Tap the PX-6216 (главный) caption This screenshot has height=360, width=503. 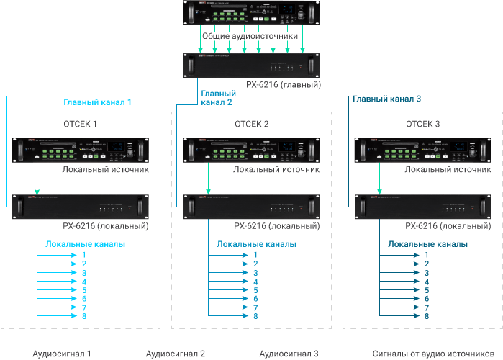click(x=283, y=85)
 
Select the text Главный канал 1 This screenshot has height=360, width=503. click(x=97, y=102)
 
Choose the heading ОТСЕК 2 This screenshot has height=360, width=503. click(x=251, y=125)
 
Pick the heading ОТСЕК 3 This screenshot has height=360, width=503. click(x=423, y=125)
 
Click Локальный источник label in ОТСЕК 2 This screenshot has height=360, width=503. click(x=276, y=170)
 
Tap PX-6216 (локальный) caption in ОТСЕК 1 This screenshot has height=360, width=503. click(x=105, y=226)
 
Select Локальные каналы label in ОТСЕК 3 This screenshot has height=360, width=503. click(x=427, y=244)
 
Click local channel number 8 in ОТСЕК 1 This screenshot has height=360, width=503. click(x=84, y=316)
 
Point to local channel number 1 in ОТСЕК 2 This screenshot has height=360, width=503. click(x=255, y=255)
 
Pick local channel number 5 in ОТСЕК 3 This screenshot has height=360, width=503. click(x=427, y=290)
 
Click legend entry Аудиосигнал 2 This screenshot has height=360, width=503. click(x=176, y=354)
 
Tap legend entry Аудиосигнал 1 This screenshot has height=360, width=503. click(x=62, y=354)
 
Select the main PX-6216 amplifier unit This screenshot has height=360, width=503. click(x=251, y=66)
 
